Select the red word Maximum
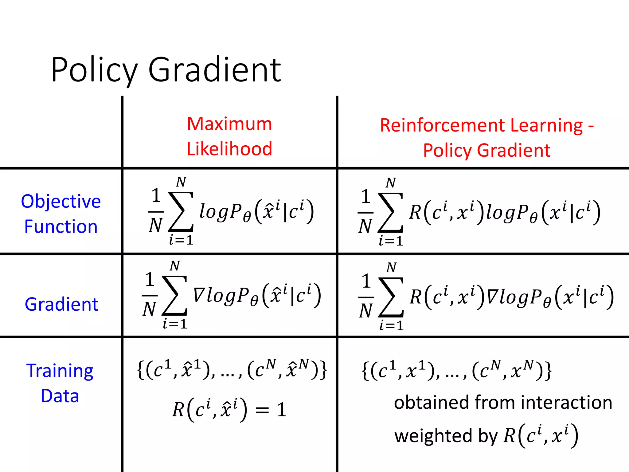coord(229,124)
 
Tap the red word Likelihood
coord(229,149)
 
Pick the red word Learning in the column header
coord(546,125)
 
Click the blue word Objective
coord(61,201)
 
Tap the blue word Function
coord(61,226)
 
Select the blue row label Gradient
coord(61,304)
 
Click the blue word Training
coord(60,371)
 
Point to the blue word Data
coord(60,396)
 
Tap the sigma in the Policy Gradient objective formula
coord(390,212)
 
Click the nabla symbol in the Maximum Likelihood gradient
coord(199,295)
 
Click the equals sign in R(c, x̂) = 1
coord(262,410)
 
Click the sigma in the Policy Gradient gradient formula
coord(391,297)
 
